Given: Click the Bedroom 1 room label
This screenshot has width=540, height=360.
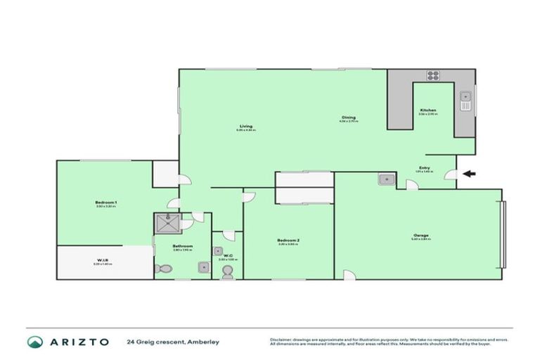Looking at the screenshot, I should [106, 202].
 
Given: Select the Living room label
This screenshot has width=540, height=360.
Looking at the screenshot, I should [245, 127].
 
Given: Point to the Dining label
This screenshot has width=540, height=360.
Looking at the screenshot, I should [349, 117].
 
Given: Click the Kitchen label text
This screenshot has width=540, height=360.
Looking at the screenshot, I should [429, 110].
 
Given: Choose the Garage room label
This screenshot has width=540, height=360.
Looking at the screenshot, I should [421, 235].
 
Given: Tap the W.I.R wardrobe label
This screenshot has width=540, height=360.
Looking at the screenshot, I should [102, 260].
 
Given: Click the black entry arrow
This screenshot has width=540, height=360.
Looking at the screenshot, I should [469, 174].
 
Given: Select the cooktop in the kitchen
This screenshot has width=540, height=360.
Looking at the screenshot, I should [433, 77].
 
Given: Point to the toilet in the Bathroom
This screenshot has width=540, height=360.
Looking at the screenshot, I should [163, 268].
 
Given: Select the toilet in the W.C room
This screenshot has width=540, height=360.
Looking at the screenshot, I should [227, 273].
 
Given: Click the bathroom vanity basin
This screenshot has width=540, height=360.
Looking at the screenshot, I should [202, 266].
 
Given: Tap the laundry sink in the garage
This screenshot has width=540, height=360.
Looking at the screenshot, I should [386, 179].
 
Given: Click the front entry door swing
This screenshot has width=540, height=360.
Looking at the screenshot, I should [451, 177].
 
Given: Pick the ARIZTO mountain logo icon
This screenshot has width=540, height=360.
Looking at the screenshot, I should [35, 342].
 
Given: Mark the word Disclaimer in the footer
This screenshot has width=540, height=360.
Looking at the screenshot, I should [281, 339].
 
